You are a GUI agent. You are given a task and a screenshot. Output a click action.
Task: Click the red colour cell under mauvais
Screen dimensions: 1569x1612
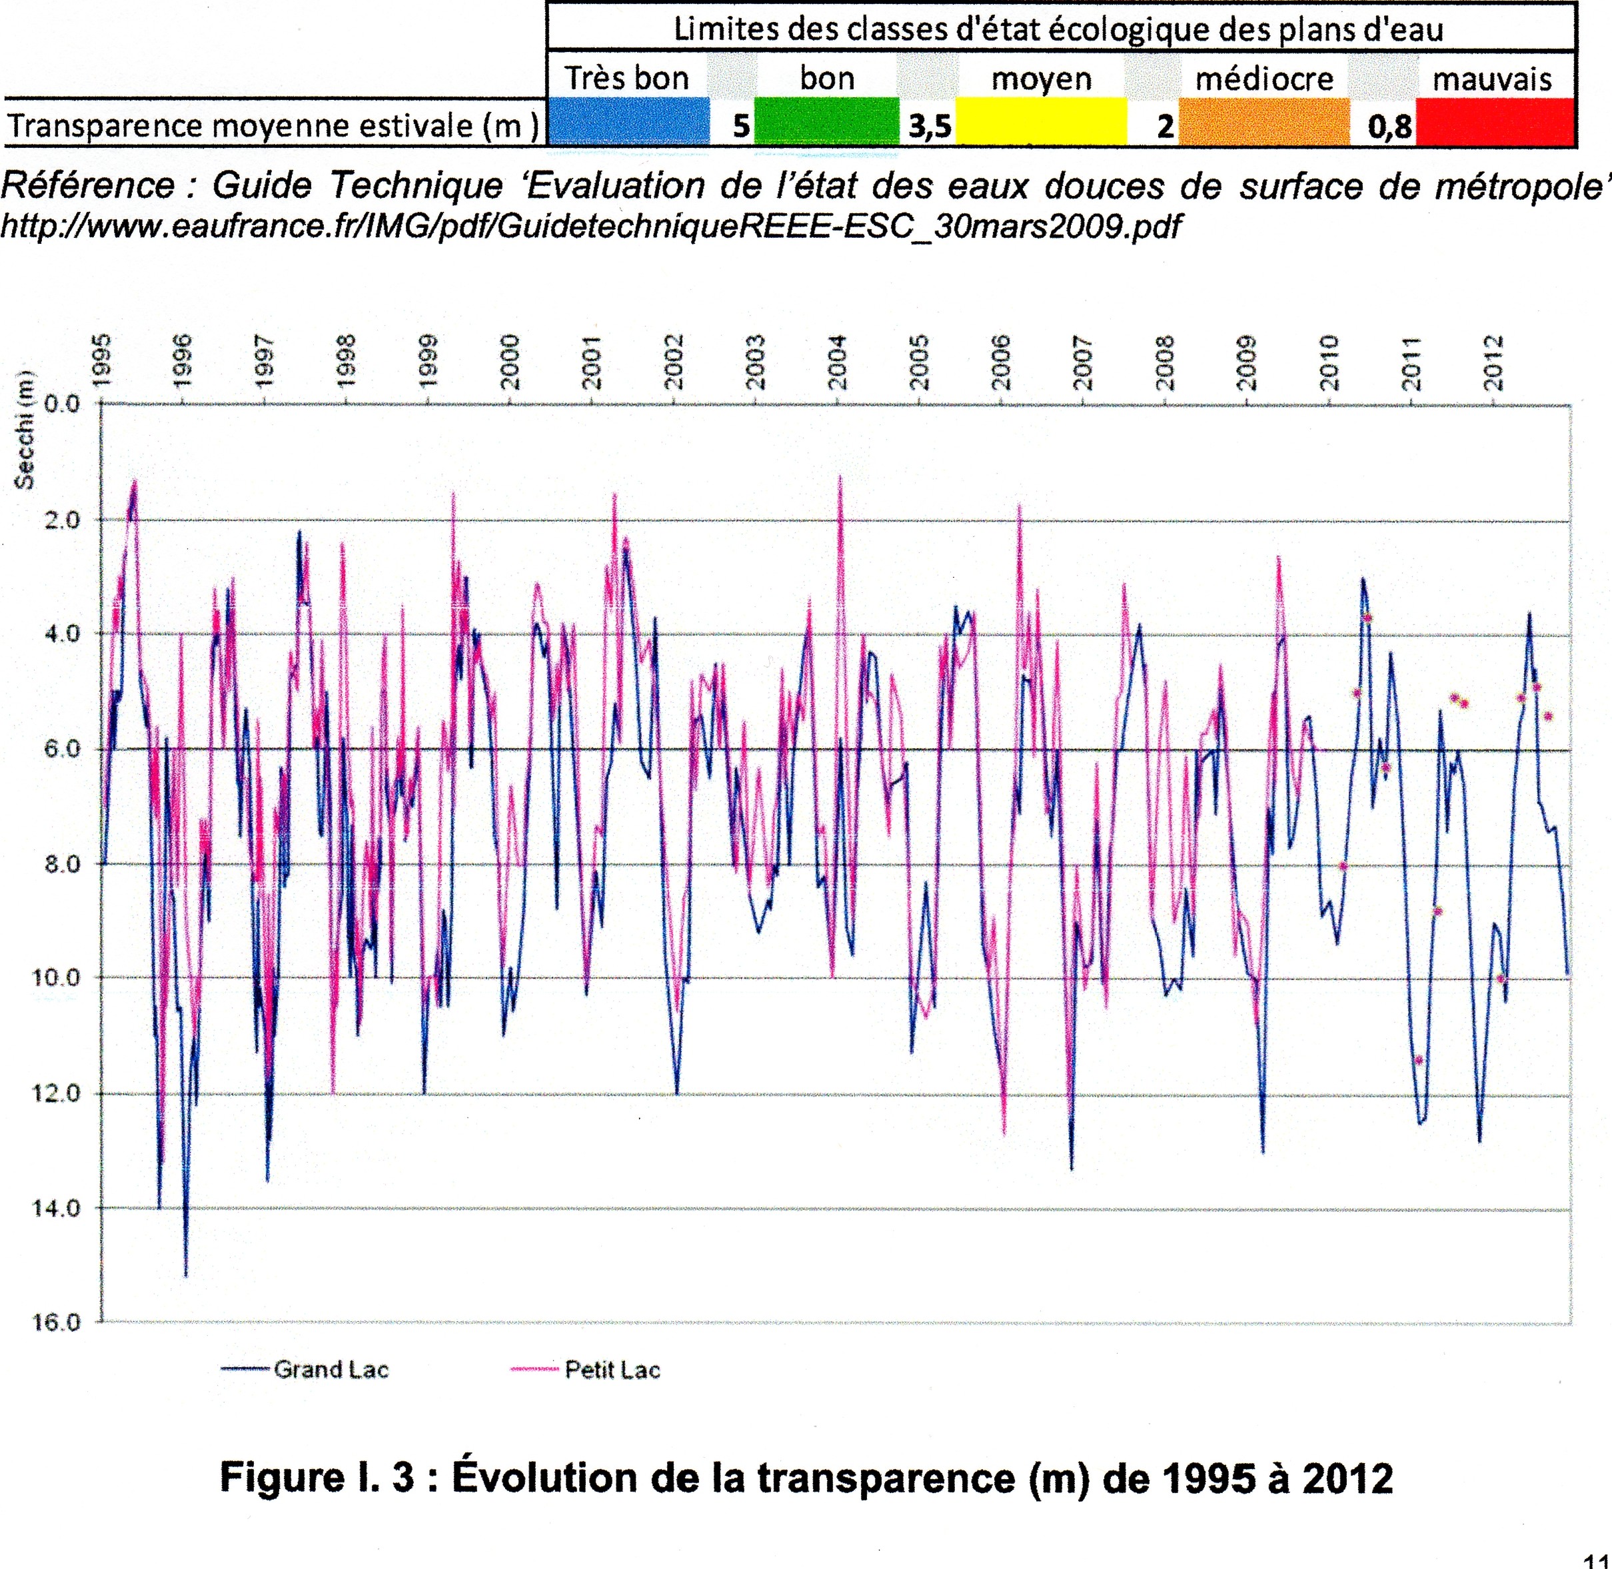pyautogui.click(x=1493, y=122)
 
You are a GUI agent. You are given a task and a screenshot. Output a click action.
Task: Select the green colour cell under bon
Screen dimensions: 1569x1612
pyautogui.click(x=826, y=122)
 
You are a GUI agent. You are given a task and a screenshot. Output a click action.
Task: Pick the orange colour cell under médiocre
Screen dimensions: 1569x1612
pyautogui.click(x=1263, y=122)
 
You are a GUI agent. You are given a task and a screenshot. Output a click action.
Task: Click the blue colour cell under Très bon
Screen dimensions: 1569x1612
pyautogui.click(x=628, y=122)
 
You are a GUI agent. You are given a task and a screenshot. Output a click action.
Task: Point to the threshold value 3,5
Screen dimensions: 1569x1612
pyautogui.click(x=930, y=127)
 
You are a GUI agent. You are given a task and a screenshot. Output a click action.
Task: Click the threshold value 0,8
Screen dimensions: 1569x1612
pyautogui.click(x=1389, y=127)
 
